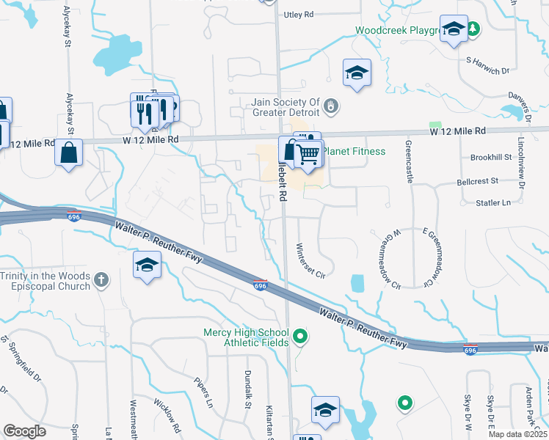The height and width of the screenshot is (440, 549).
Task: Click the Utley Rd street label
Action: pyautogui.click(x=298, y=14)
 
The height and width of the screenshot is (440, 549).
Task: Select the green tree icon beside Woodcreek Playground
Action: pyautogui.click(x=474, y=29)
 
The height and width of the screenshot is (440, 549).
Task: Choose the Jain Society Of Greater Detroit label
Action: pyautogui.click(x=286, y=108)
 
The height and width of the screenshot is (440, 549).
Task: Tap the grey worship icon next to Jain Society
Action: pyautogui.click(x=331, y=107)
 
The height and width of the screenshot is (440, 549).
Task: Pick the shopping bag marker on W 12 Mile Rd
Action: pyautogui.click(x=68, y=153)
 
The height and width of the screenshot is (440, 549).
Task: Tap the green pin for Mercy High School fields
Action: pyautogui.click(x=299, y=337)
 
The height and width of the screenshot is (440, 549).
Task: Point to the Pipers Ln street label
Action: pyautogui.click(x=203, y=393)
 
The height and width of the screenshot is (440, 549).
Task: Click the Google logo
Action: pyautogui.click(x=25, y=431)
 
